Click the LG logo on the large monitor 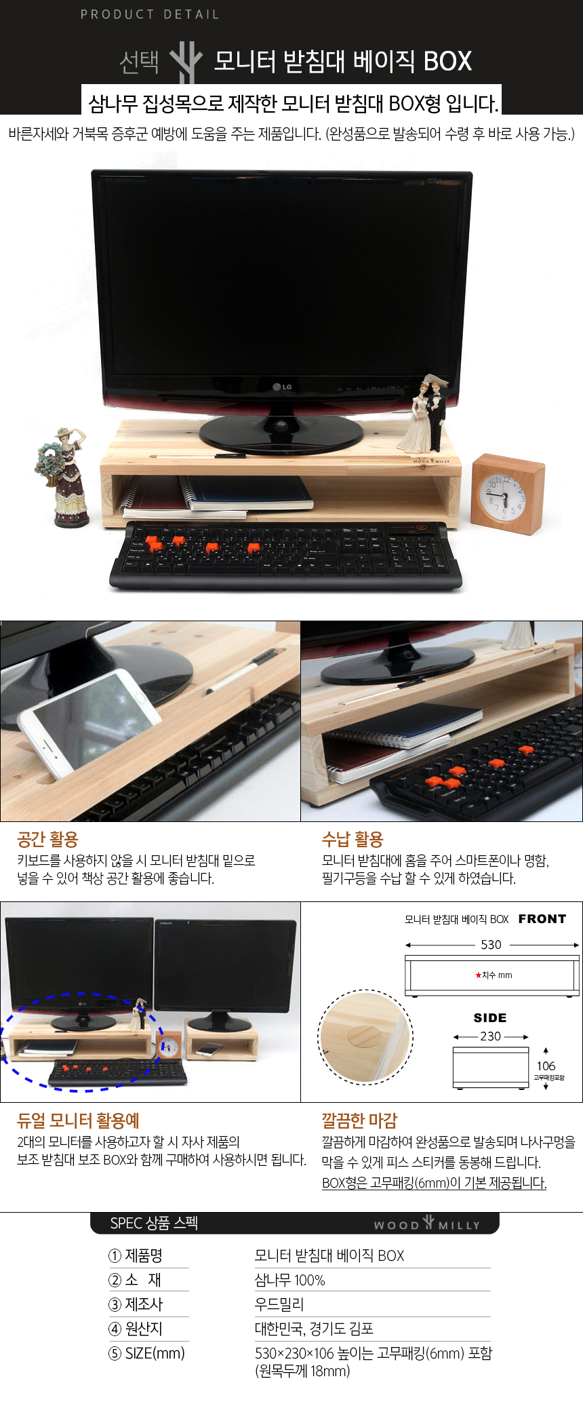point(282,387)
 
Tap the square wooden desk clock point(508,494)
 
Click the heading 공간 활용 point(47,840)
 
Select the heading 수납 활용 point(353,840)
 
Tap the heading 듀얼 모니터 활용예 point(78,1120)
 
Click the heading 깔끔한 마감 point(359,1120)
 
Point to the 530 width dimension point(491,945)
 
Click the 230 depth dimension point(491,1036)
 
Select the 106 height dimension point(546,1066)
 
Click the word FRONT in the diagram point(542,919)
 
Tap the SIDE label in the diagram point(490,1018)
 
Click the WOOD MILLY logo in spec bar point(427,1224)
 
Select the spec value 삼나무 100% point(289,1281)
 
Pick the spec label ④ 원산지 point(136,1329)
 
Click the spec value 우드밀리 point(279,1304)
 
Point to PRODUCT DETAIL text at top point(150,14)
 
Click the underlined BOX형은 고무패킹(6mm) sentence point(435,1183)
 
